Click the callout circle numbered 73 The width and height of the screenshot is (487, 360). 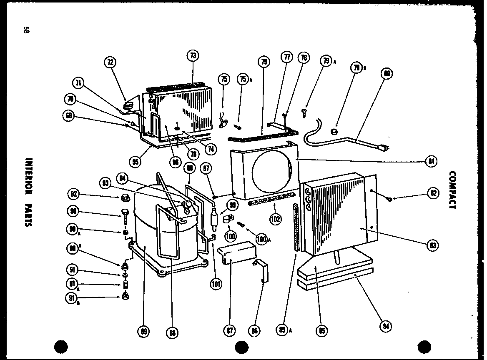click(192, 55)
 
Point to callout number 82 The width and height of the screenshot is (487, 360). click(433, 192)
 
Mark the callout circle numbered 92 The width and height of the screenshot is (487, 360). click(75, 194)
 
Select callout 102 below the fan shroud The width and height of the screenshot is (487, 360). click(275, 219)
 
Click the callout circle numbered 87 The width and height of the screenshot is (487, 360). click(230, 331)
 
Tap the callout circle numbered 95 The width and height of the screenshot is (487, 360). click(135, 162)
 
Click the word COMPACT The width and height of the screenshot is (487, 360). click(453, 190)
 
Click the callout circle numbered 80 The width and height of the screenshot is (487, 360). click(387, 74)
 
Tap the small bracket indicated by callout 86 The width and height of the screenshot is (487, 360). click(262, 268)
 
